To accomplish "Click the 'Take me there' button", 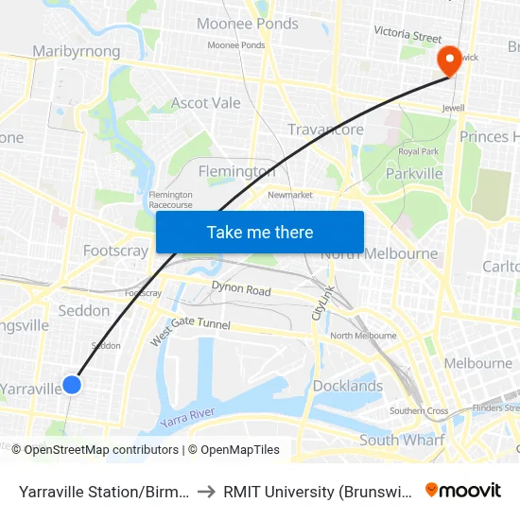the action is [260, 232].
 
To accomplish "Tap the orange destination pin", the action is [447, 61].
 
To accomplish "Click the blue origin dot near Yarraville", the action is [72, 385].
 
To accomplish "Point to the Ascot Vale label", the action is [206, 102].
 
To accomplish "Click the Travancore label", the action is [325, 130].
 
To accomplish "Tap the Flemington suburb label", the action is [236, 171].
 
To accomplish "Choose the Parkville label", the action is [414, 174].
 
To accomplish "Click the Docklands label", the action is [348, 386].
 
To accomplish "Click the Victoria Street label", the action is [407, 36].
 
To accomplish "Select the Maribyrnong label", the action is [77, 50].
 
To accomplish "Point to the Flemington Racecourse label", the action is [171, 199].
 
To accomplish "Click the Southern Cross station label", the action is [419, 410].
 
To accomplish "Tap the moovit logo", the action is [463, 490].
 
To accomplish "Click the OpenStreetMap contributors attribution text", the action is [99, 450].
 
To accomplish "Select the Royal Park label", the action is [417, 151].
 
